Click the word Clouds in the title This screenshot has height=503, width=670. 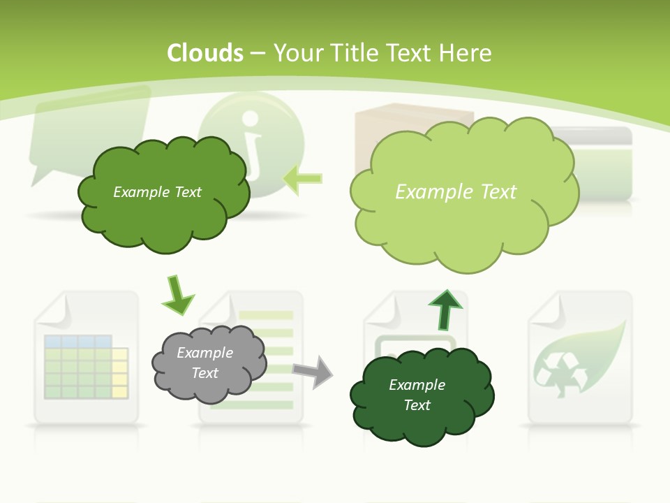click(205, 53)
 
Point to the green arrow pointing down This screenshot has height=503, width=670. click(177, 296)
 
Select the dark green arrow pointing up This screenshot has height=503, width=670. click(445, 309)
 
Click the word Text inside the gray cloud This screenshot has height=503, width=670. click(205, 373)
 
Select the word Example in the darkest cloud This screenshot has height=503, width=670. click(417, 385)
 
